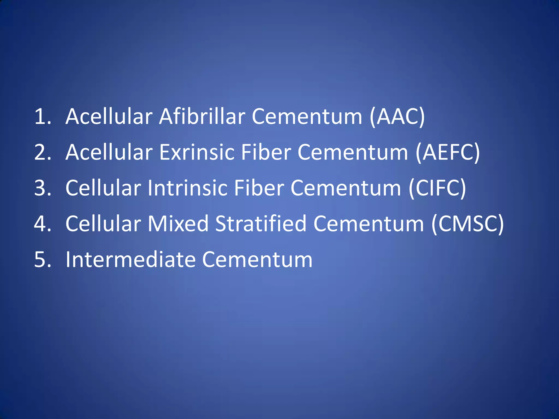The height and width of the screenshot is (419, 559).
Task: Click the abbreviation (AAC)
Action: [397, 117]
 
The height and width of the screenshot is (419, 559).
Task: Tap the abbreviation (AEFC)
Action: [448, 152]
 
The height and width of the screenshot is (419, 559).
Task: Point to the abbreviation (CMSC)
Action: [467, 224]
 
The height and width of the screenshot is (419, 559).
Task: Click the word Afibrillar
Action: [202, 117]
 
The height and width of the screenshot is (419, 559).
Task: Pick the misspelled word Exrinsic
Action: [197, 152]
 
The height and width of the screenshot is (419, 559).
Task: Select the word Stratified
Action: [261, 224]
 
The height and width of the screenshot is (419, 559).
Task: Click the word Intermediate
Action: [131, 260]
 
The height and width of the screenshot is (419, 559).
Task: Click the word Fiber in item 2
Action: [266, 152]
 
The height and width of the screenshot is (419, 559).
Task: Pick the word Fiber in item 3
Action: [259, 188]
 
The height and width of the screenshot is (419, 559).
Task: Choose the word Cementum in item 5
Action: [257, 260]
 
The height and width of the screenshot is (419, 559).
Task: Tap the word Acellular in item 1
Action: [109, 117]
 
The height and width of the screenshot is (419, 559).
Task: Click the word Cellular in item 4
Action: [103, 224]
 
